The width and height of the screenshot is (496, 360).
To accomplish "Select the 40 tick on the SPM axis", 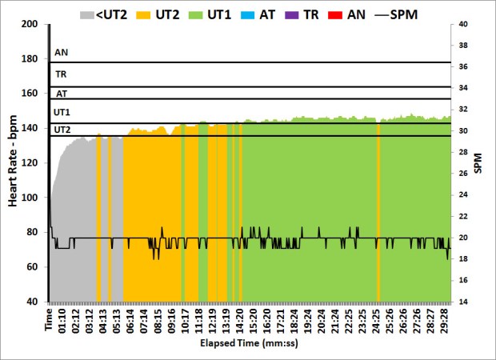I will pyautogui.click(x=462, y=24).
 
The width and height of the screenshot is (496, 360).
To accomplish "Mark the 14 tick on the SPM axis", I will pyautogui.click(x=462, y=302).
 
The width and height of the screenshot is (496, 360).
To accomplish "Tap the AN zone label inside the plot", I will pyautogui.click(x=61, y=54).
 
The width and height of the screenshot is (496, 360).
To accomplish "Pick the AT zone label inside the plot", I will pyautogui.click(x=61, y=93).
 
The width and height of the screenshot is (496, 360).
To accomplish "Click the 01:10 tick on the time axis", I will pyautogui.click(x=62, y=318).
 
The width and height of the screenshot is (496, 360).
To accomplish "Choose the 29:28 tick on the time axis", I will pyautogui.click(x=444, y=318).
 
